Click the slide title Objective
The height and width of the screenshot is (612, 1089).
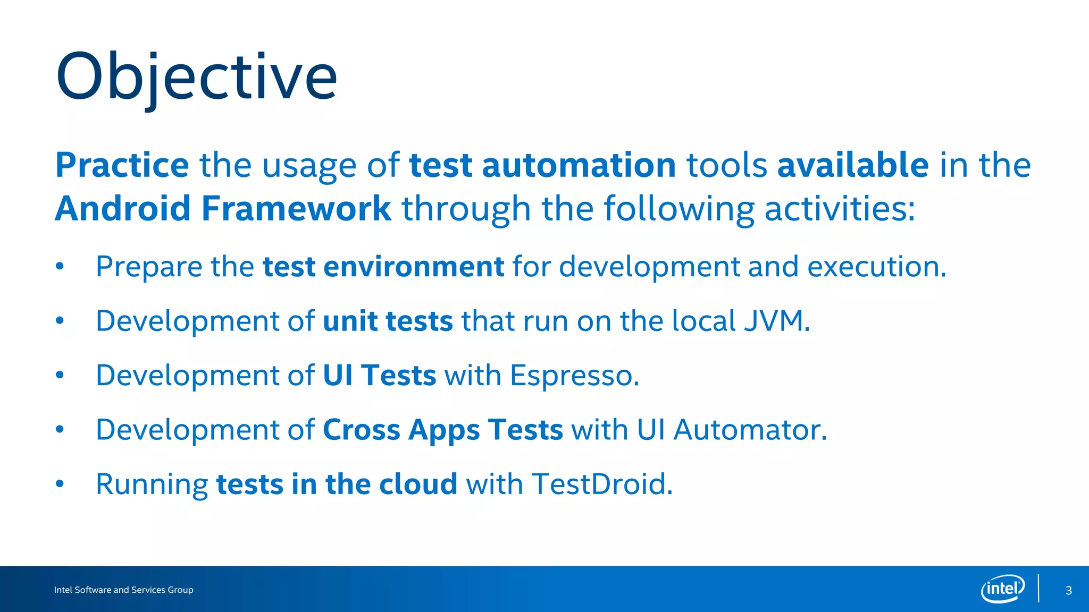pos(196,77)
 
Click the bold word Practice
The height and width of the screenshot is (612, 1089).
pos(122,165)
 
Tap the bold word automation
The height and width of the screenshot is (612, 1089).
pos(579,165)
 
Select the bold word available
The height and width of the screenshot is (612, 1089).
pos(853,165)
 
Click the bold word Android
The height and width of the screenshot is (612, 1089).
pos(123,209)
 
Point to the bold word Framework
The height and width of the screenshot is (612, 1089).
pos(296,209)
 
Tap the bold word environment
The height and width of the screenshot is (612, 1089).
pos(413,267)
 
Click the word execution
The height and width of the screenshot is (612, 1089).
pos(876,267)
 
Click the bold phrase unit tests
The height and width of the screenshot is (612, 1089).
pos(388,321)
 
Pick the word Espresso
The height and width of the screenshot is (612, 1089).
pos(574,376)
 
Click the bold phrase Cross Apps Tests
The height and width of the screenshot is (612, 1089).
pos(442,430)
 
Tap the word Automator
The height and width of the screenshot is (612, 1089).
pos(749,430)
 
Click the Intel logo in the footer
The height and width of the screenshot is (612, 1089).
pos(1002,589)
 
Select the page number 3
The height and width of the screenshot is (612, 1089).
pos(1069,590)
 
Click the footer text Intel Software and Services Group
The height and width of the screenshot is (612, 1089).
pos(123,590)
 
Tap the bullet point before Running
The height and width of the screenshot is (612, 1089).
pos(60,483)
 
